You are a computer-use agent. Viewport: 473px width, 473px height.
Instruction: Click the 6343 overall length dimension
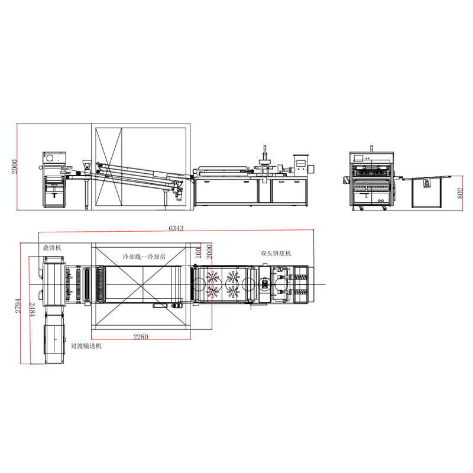click(x=176, y=228)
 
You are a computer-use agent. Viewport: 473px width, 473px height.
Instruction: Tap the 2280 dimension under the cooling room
click(x=141, y=336)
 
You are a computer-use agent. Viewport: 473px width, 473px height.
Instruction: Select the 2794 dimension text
click(x=18, y=306)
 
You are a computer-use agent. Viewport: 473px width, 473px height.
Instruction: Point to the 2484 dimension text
click(x=33, y=309)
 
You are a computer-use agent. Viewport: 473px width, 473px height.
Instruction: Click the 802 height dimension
click(x=460, y=193)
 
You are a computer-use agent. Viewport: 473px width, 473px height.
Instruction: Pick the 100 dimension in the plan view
click(x=198, y=253)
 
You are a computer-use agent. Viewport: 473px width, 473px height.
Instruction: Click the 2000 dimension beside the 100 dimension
click(x=209, y=252)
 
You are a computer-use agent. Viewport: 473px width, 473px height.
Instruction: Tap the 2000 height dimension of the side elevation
click(x=14, y=167)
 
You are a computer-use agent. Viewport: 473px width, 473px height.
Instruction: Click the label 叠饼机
click(x=52, y=248)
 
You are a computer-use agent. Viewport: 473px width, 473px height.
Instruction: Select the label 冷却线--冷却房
click(x=144, y=257)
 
